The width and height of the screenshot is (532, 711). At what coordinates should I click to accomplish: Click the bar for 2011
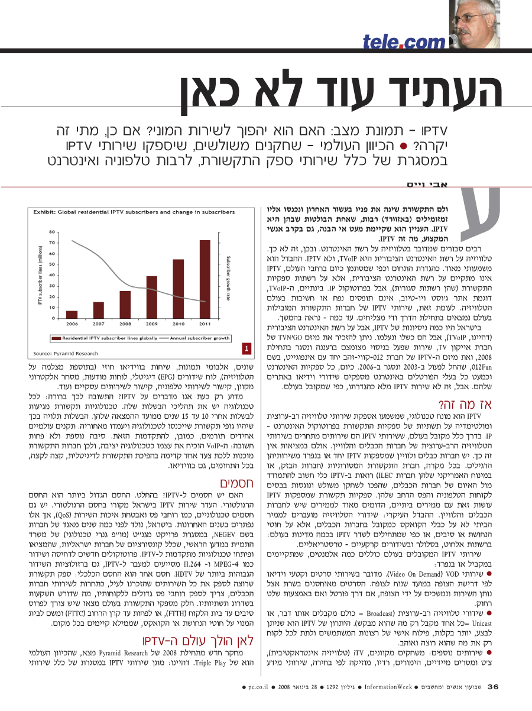(x=205, y=277)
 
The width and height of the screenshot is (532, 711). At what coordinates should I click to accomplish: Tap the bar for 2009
(x=152, y=296)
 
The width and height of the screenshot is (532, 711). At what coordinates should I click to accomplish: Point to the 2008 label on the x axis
(x=125, y=324)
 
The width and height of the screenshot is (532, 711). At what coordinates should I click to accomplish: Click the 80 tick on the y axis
(x=53, y=232)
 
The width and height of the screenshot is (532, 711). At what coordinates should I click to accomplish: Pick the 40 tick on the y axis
(x=53, y=274)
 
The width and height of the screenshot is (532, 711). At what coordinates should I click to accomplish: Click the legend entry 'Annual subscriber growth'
(x=196, y=339)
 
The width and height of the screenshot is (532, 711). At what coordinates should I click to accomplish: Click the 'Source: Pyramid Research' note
(x=66, y=353)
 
